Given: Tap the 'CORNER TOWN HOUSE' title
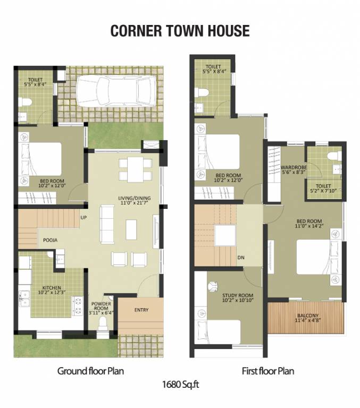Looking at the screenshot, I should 180,31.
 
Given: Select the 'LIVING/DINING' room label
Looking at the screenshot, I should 134,199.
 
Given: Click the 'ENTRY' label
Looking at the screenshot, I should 141,310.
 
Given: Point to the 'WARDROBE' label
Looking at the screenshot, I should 292,168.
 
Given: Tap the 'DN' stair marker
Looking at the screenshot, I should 241,258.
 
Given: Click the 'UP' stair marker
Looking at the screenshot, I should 83,217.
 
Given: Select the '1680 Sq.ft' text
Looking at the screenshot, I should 180,383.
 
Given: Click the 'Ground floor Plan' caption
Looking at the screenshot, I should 90,371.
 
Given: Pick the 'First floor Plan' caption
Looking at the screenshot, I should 267,371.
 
